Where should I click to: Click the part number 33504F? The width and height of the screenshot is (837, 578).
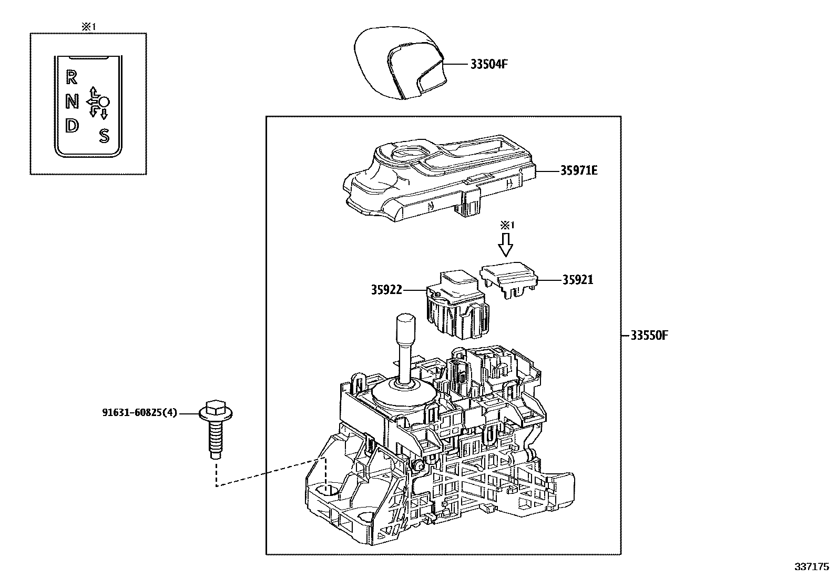pyautogui.click(x=489, y=64)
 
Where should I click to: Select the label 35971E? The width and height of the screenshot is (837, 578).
pyautogui.click(x=579, y=170)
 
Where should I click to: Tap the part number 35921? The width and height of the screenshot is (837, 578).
pyautogui.click(x=578, y=280)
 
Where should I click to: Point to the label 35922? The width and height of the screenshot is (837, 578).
pyautogui.click(x=386, y=290)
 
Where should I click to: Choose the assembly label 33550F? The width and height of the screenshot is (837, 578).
pyautogui.click(x=649, y=336)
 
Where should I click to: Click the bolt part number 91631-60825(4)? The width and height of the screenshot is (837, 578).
pyautogui.click(x=140, y=413)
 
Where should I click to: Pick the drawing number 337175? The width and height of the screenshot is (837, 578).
pyautogui.click(x=812, y=567)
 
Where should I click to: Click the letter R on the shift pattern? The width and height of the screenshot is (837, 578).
pyautogui.click(x=72, y=77)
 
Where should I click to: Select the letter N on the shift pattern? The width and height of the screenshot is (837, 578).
pyautogui.click(x=72, y=101)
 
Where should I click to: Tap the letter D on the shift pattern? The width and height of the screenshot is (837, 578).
pyautogui.click(x=72, y=126)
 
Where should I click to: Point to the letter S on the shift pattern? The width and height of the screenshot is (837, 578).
pyautogui.click(x=104, y=136)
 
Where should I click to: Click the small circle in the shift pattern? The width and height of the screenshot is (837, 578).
pyautogui.click(x=104, y=102)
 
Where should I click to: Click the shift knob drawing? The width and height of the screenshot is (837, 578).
pyautogui.click(x=400, y=63)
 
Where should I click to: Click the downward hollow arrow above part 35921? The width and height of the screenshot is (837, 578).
pyautogui.click(x=506, y=245)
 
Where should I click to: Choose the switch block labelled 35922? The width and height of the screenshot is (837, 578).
pyautogui.click(x=458, y=305)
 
